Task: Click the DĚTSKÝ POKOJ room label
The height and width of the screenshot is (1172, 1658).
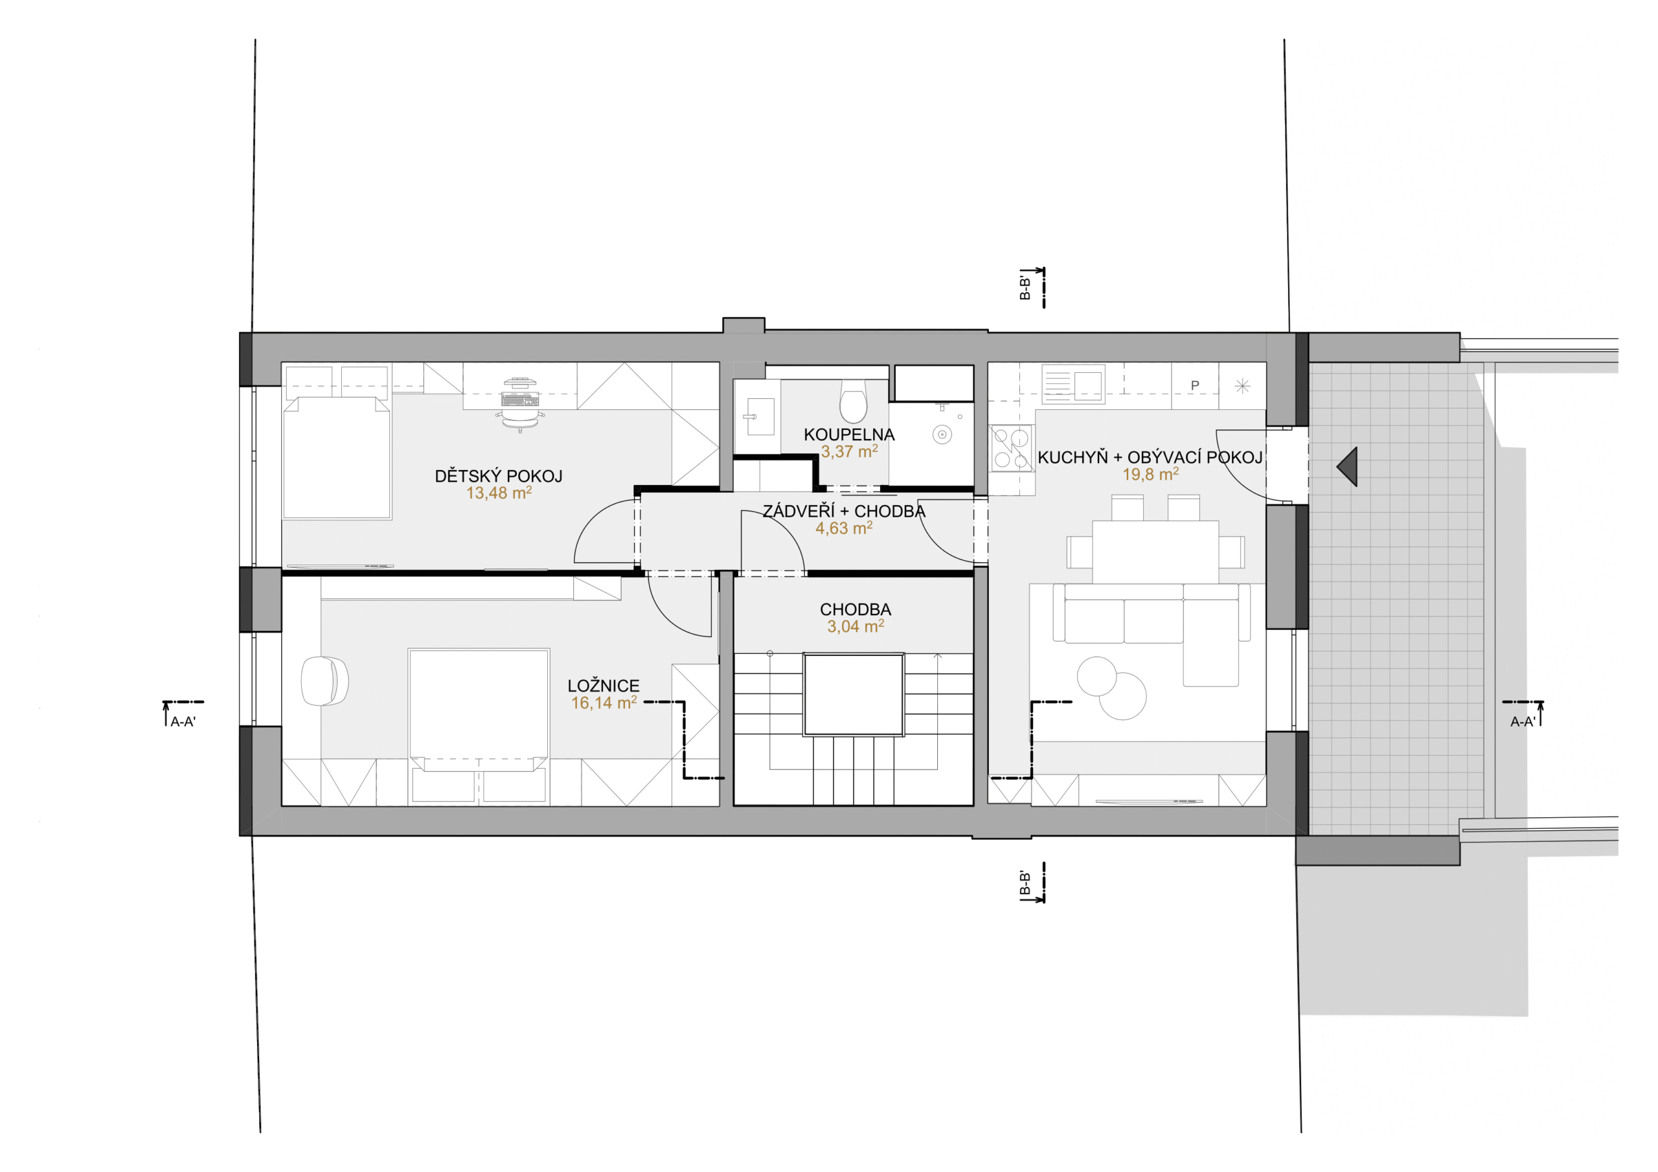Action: [x=498, y=476]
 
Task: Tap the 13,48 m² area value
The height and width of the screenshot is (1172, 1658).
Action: [x=499, y=493]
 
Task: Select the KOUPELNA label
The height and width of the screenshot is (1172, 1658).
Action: [x=849, y=434]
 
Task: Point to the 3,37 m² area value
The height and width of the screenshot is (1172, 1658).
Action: [x=849, y=452]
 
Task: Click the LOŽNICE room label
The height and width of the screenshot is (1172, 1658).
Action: [x=604, y=686]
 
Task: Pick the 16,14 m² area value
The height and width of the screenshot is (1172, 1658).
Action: [x=604, y=703]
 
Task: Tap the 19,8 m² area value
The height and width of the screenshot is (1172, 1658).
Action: [x=1150, y=475]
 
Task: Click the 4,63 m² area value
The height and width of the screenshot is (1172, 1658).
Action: [x=844, y=528]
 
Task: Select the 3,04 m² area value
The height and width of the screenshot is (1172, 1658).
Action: [x=856, y=627]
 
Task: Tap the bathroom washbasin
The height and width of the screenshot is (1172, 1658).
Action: [x=760, y=416]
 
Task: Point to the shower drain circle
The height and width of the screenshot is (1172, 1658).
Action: [x=942, y=434]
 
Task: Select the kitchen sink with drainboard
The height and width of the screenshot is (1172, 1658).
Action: [x=1073, y=384]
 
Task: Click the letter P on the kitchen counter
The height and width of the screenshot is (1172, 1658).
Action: [x=1195, y=386]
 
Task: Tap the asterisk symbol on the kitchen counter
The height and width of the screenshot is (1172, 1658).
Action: [x=1242, y=387]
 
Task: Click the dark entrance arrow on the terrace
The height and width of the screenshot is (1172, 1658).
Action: [x=1348, y=466]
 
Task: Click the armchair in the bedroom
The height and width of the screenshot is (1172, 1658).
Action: [x=324, y=681]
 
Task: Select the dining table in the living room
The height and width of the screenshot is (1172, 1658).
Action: [x=1155, y=552]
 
